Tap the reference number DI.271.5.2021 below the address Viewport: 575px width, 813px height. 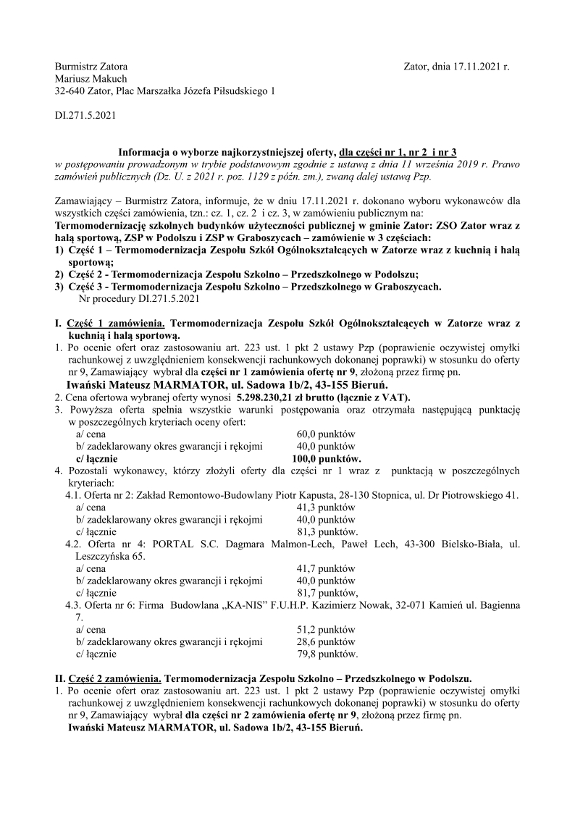pyautogui.click(x=85, y=114)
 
